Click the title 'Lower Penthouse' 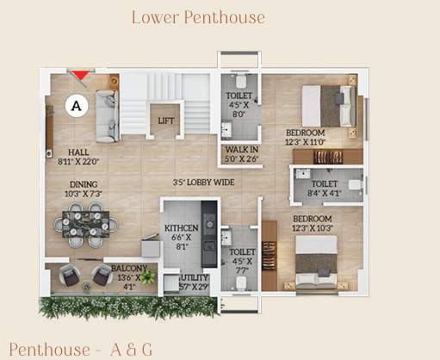[198, 17]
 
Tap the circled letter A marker [77, 105]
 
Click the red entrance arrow [78, 77]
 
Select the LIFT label [165, 121]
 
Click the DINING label [84, 184]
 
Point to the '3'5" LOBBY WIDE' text [203, 183]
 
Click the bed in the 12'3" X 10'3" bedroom [316, 258]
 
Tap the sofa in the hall [107, 116]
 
